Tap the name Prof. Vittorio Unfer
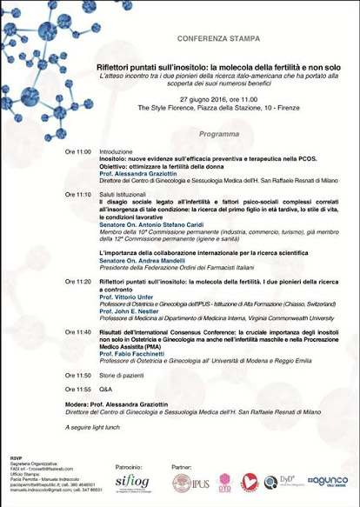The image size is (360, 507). [128, 297]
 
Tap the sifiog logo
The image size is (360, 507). [132, 483]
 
